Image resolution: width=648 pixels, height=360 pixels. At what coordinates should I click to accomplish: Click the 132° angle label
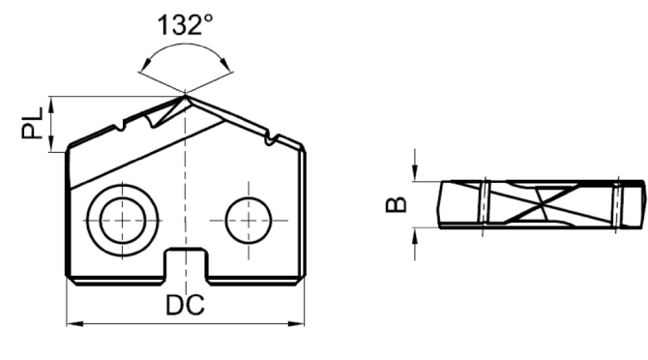[185, 25]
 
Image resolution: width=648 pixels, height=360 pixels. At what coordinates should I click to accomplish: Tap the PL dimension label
[32, 123]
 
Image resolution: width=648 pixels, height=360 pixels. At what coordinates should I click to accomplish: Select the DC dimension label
[185, 305]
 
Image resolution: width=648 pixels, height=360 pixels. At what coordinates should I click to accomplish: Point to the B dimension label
[396, 204]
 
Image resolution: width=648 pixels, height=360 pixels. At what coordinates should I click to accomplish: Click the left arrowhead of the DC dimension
[74, 323]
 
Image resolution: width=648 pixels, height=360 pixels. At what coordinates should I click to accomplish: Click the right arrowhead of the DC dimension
[296, 323]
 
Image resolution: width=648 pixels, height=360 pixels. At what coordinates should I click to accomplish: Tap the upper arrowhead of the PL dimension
[51, 105]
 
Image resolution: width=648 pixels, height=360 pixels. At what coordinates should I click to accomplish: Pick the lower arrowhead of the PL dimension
[51, 144]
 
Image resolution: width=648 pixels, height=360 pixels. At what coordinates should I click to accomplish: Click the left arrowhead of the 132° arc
[145, 65]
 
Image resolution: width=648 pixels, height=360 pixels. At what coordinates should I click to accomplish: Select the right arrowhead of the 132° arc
[225, 64]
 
